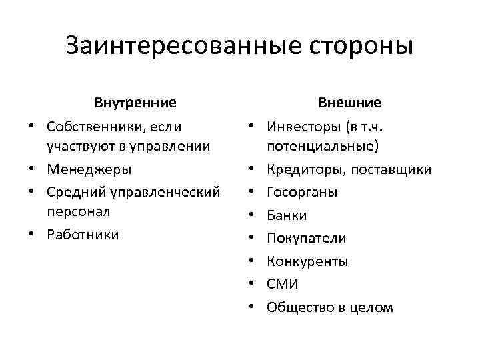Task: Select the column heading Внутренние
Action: click(x=135, y=103)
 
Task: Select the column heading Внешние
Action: click(x=349, y=103)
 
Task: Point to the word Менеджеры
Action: click(x=89, y=169)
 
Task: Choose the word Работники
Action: click(x=83, y=234)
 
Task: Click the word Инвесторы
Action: click(x=301, y=125)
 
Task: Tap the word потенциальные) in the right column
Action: click(x=322, y=145)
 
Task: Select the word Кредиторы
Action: click(x=303, y=169)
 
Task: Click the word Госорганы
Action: click(x=302, y=192)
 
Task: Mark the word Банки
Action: click(x=287, y=215)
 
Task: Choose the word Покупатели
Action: click(x=307, y=238)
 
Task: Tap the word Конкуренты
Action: click(x=307, y=261)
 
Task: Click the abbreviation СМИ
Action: click(x=283, y=285)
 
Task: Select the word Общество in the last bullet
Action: click(x=298, y=307)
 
